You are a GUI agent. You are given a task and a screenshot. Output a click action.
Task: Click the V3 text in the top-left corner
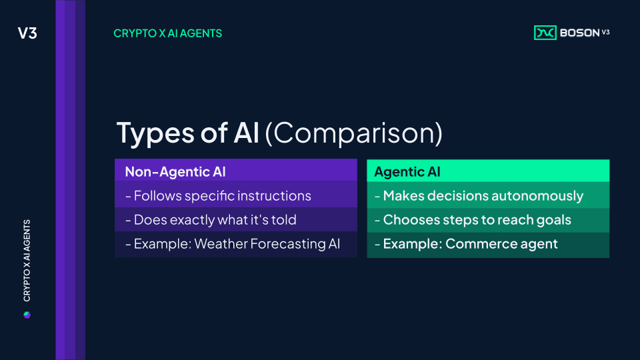[27, 33]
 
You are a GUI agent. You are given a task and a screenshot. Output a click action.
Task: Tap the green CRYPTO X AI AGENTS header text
[168, 33]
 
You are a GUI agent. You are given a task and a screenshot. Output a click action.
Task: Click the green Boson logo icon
[545, 33]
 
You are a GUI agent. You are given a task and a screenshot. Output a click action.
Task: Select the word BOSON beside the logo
[579, 33]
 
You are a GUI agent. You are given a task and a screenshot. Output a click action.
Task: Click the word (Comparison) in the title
[353, 133]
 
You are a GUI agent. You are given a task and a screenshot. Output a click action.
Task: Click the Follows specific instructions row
[236, 195]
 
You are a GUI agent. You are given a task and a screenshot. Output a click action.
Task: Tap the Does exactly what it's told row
[236, 219]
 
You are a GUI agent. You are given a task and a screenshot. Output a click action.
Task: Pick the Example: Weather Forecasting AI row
[236, 244]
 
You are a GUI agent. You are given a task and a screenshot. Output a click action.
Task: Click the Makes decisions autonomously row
[488, 195]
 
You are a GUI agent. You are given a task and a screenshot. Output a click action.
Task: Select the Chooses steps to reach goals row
[488, 219]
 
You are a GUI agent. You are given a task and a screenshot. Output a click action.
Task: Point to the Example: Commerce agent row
[488, 244]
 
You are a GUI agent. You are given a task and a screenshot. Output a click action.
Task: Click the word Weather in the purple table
[221, 244]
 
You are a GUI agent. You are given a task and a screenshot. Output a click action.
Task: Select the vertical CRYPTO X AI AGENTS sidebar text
[27, 261]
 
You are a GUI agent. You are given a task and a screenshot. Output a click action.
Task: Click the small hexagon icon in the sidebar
[27, 315]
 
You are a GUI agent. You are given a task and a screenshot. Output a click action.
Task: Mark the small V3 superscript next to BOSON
[606, 32]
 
